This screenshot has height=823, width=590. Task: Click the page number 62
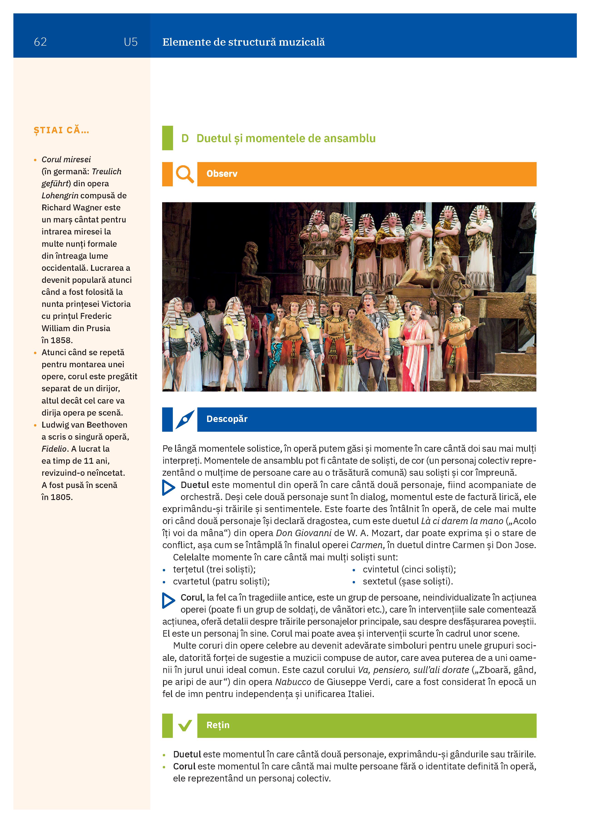point(40,42)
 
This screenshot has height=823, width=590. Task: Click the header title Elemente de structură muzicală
point(243,42)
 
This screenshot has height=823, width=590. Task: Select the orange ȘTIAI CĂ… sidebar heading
point(61,130)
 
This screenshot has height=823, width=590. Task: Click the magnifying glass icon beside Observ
point(184,174)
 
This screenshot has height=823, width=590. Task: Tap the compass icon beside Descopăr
point(185,419)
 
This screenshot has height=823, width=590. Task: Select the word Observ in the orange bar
point(222,174)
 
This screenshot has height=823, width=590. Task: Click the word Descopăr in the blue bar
point(227,419)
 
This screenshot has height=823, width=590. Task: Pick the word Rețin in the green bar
point(218,725)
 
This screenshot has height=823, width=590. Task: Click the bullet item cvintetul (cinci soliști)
point(409,569)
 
